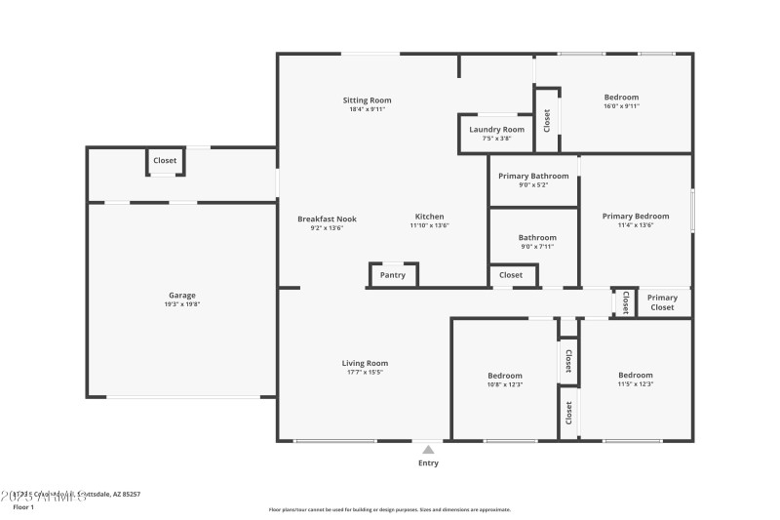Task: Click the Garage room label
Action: click(182, 296)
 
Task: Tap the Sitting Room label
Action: click(367, 100)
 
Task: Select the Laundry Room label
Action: click(496, 130)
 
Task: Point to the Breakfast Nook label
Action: click(327, 219)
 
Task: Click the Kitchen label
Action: click(429, 217)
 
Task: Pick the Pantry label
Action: click(393, 276)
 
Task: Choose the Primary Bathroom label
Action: click(533, 176)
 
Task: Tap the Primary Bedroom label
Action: click(635, 217)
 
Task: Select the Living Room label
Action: click(365, 363)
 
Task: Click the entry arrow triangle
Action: click(428, 449)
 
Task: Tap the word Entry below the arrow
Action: click(428, 463)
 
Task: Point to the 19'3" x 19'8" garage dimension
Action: click(182, 304)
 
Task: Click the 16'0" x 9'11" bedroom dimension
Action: click(621, 105)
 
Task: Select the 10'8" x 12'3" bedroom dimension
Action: click(505, 384)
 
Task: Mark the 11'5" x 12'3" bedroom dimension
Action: click(636, 384)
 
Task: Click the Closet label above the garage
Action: click(165, 161)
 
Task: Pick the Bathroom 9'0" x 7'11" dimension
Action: click(537, 246)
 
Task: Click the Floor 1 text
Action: click(22, 507)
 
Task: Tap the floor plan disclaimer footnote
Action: click(389, 509)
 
